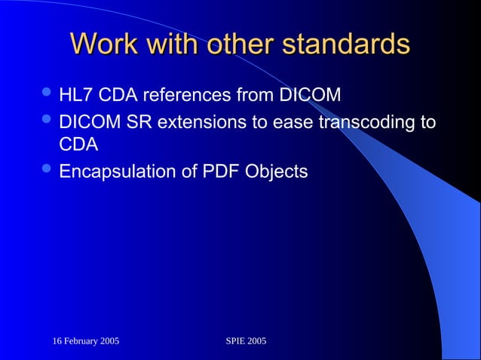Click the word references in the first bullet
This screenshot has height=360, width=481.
[x=176, y=96]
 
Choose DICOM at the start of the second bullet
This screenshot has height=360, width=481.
[x=87, y=122]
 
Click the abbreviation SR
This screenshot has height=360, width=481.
[x=136, y=122]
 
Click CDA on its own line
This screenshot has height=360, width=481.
[x=79, y=145]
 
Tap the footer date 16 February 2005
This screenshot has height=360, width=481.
[x=85, y=342]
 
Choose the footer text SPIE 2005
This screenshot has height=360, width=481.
[x=246, y=342]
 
